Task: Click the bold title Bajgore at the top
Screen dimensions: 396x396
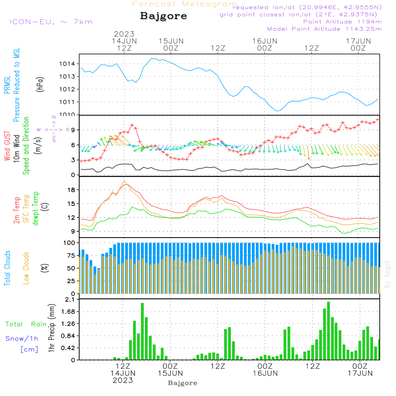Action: (164, 16)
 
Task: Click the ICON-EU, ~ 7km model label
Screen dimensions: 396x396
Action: (51, 22)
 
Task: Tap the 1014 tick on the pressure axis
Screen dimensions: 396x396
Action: (67, 64)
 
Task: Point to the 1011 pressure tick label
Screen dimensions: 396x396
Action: (67, 102)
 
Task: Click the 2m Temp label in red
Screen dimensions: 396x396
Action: (17, 210)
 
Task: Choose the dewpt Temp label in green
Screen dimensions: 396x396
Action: (36, 209)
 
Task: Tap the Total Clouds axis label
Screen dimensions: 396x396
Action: (8, 268)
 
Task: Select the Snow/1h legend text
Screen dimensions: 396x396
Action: (22, 339)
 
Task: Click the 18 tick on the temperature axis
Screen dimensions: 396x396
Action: (71, 190)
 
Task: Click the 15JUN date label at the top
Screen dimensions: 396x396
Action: (171, 41)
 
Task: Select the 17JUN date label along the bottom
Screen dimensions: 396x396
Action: (360, 373)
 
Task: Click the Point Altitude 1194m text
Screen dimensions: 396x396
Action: (342, 22)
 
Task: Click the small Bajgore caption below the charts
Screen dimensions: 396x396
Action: (183, 383)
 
